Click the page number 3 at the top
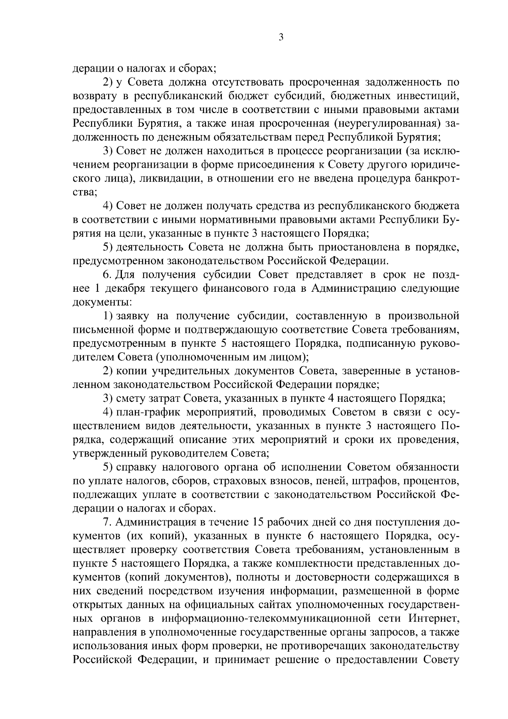pos(281,37)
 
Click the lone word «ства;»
pos(85,192)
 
